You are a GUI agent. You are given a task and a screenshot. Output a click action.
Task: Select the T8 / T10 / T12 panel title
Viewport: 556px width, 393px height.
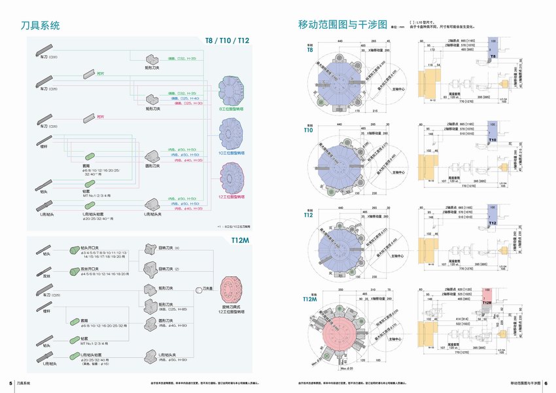(x=227, y=41)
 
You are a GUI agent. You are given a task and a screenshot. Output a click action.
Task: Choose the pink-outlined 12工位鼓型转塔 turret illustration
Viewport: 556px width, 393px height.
(x=231, y=177)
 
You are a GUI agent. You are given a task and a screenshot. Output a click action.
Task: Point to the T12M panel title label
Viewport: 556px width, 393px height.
(x=240, y=240)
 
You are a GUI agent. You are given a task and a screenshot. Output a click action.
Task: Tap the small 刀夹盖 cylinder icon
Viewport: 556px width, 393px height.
(x=198, y=289)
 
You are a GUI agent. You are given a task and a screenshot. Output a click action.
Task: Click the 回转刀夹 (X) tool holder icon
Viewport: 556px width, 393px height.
(x=150, y=250)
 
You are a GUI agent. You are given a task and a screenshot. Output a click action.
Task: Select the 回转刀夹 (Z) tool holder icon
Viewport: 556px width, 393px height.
(x=150, y=269)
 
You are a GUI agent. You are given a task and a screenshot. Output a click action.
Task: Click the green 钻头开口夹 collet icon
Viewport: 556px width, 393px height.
(x=75, y=250)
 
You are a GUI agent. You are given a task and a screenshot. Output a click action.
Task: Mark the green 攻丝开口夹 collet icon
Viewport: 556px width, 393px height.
(x=75, y=269)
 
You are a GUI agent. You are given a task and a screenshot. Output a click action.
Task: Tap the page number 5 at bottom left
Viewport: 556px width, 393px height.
(x=10, y=383)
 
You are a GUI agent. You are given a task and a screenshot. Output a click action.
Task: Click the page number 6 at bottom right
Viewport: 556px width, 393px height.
(x=546, y=383)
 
